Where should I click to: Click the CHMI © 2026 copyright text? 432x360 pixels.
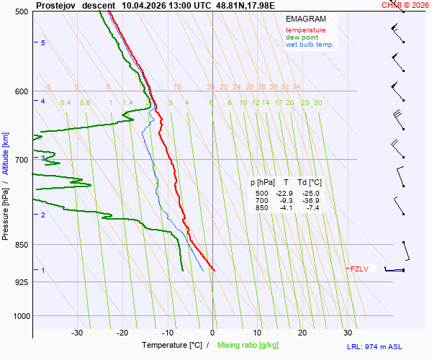pyautogui.click(x=405, y=5)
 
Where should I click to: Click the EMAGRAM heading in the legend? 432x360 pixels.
pyautogui.click(x=305, y=19)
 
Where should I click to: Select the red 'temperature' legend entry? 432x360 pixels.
pyautogui.click(x=305, y=30)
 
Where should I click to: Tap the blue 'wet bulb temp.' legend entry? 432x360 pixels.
pyautogui.click(x=310, y=45)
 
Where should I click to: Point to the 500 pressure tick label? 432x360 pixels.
pyautogui.click(x=21, y=12)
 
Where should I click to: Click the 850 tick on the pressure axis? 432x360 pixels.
pyautogui.click(x=21, y=245)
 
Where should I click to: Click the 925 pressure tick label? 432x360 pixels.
pyautogui.click(x=21, y=282)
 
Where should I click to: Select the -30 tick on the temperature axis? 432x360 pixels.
pyautogui.click(x=77, y=333)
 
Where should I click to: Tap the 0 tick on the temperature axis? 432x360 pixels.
pyautogui.click(x=212, y=333)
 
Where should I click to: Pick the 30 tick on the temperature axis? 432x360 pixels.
pyautogui.click(x=348, y=333)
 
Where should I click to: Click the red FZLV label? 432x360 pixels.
pyautogui.click(x=359, y=269)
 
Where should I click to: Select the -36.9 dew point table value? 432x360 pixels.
pyautogui.click(x=311, y=201)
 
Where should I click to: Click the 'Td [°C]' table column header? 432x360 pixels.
pyautogui.click(x=310, y=183)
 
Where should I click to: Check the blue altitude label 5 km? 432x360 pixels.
pyautogui.click(x=43, y=43)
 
